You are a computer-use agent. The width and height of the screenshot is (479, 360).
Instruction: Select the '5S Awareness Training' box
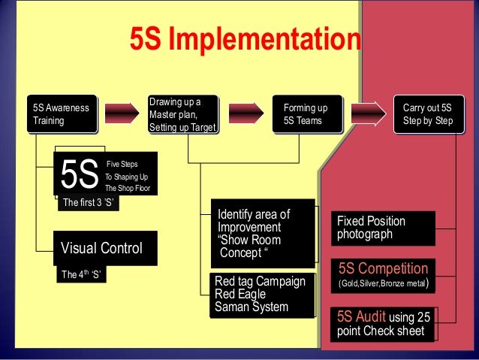pyautogui.click(x=61, y=114)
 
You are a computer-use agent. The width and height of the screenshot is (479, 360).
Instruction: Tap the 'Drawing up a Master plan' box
pyautogui.click(x=182, y=114)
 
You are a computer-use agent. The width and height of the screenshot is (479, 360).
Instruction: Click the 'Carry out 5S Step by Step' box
pyautogui.click(x=427, y=114)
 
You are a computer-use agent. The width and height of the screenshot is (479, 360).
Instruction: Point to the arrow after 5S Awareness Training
pyautogui.click(x=122, y=113)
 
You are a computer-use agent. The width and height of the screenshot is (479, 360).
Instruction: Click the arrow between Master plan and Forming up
pyautogui.click(x=247, y=113)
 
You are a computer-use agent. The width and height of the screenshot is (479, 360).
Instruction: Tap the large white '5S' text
pyautogui.click(x=80, y=175)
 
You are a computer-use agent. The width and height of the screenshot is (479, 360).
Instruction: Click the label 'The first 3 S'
pyautogui.click(x=88, y=202)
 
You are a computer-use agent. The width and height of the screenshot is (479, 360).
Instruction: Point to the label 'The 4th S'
pyautogui.click(x=81, y=274)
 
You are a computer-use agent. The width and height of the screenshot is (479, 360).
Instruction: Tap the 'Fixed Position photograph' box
pyautogui.click(x=383, y=228)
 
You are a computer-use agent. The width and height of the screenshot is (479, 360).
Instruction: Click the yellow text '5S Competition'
pyautogui.click(x=383, y=268)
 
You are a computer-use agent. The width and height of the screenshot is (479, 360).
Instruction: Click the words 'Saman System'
pyautogui.click(x=251, y=307)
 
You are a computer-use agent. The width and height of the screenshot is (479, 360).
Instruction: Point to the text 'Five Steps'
pyautogui.click(x=122, y=163)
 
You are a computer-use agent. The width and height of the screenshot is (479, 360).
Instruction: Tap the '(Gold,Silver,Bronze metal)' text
pyautogui.click(x=383, y=284)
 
